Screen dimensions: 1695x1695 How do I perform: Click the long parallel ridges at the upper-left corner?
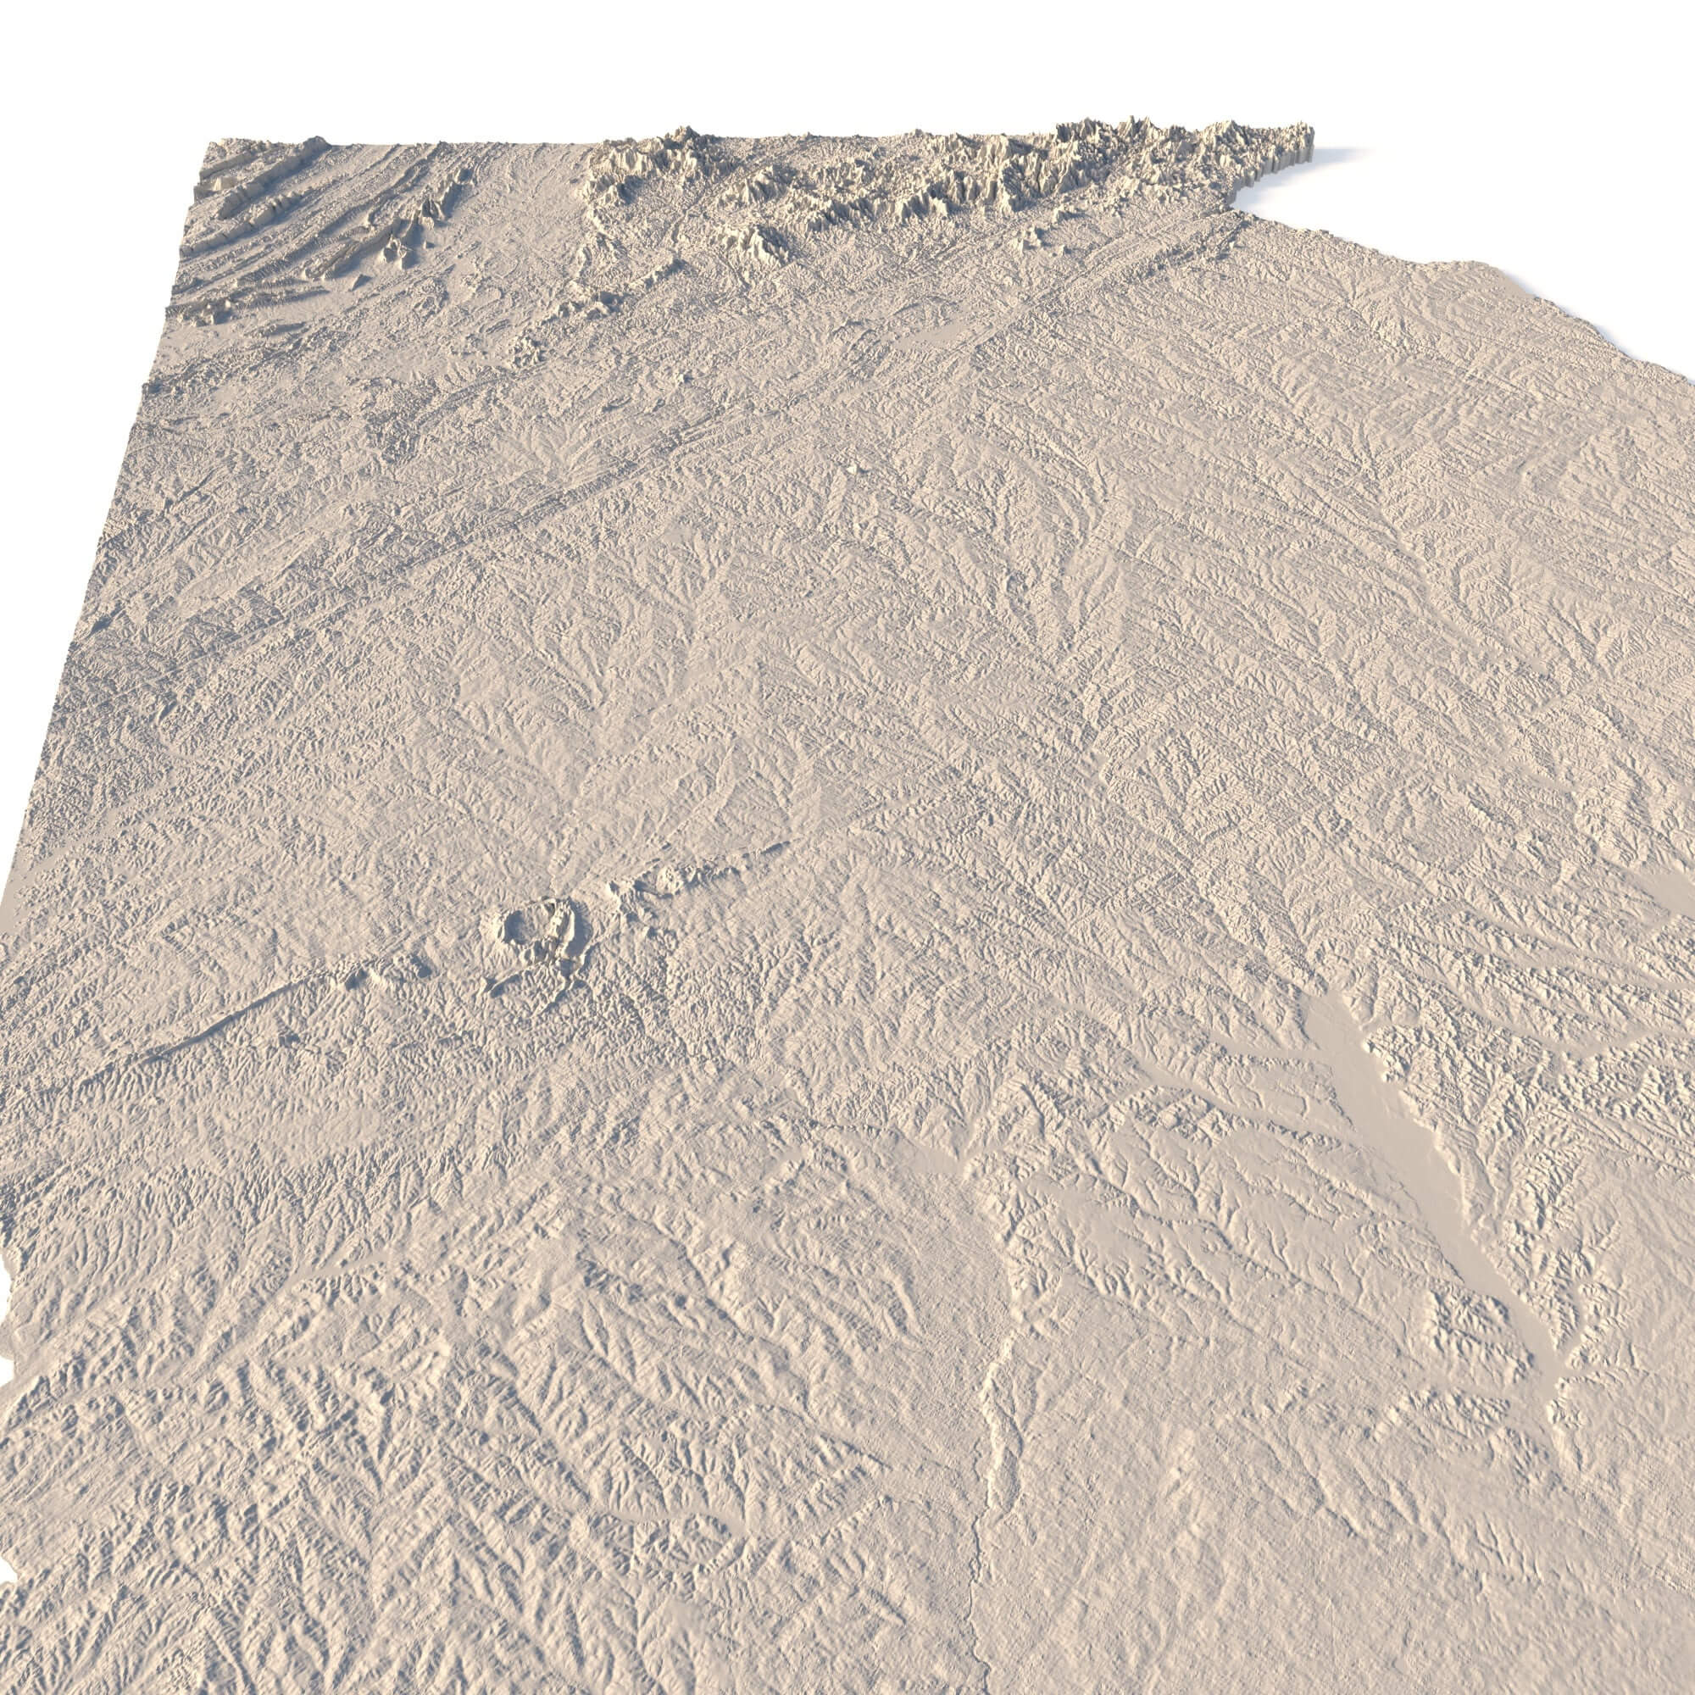tap(264, 202)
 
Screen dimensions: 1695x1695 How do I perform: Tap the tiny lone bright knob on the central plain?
tap(850, 470)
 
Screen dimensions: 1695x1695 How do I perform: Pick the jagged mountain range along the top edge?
tap(965, 175)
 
